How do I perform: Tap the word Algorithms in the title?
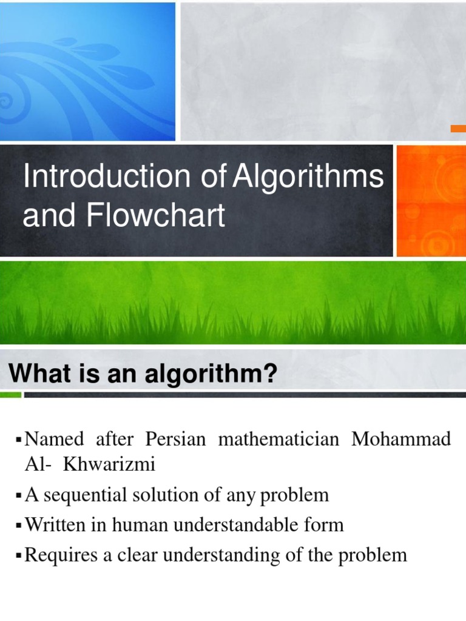click(309, 178)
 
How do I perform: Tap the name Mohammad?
click(401, 439)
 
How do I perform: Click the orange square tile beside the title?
click(431, 200)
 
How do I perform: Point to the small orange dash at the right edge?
click(458, 129)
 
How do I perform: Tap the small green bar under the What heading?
click(10, 395)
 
